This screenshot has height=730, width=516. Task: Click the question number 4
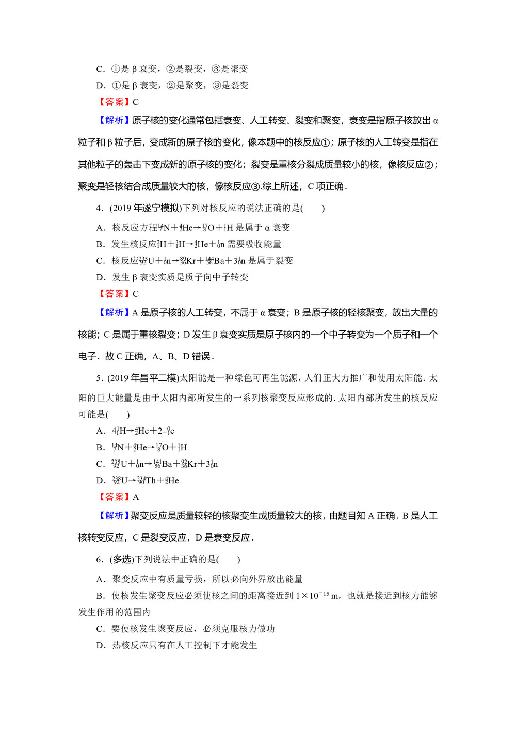point(99,208)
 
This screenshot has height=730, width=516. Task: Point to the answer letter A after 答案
point(136,497)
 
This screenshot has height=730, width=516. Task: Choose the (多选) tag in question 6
point(122,559)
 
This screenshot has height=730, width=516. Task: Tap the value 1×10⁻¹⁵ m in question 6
point(317,596)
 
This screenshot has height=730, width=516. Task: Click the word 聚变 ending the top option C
point(239,69)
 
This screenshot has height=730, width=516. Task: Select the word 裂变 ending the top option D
point(239,85)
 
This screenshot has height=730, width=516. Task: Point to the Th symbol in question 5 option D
point(151,480)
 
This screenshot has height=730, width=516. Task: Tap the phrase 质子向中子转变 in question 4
point(212,277)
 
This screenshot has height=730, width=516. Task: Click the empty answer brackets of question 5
point(118,414)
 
